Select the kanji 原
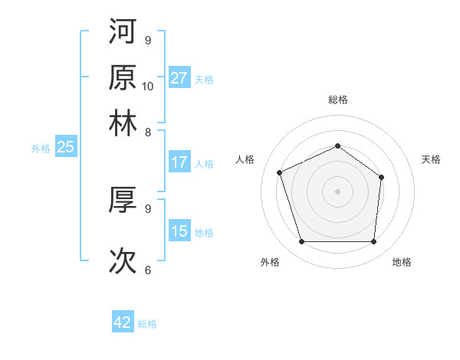[123, 77]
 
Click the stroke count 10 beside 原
[148, 86]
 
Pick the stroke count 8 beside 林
[147, 132]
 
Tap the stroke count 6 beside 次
[147, 270]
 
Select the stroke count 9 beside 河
[147, 40]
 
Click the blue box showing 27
[179, 78]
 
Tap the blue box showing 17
[179, 162]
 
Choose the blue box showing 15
[179, 231]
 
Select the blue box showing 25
[65, 147]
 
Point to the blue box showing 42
[123, 322]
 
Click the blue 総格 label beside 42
[147, 324]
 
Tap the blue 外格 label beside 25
[40, 149]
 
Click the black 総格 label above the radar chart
[337, 100]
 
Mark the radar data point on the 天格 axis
[381, 178]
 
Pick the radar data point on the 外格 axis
[301, 242]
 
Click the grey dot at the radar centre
[337, 191]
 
